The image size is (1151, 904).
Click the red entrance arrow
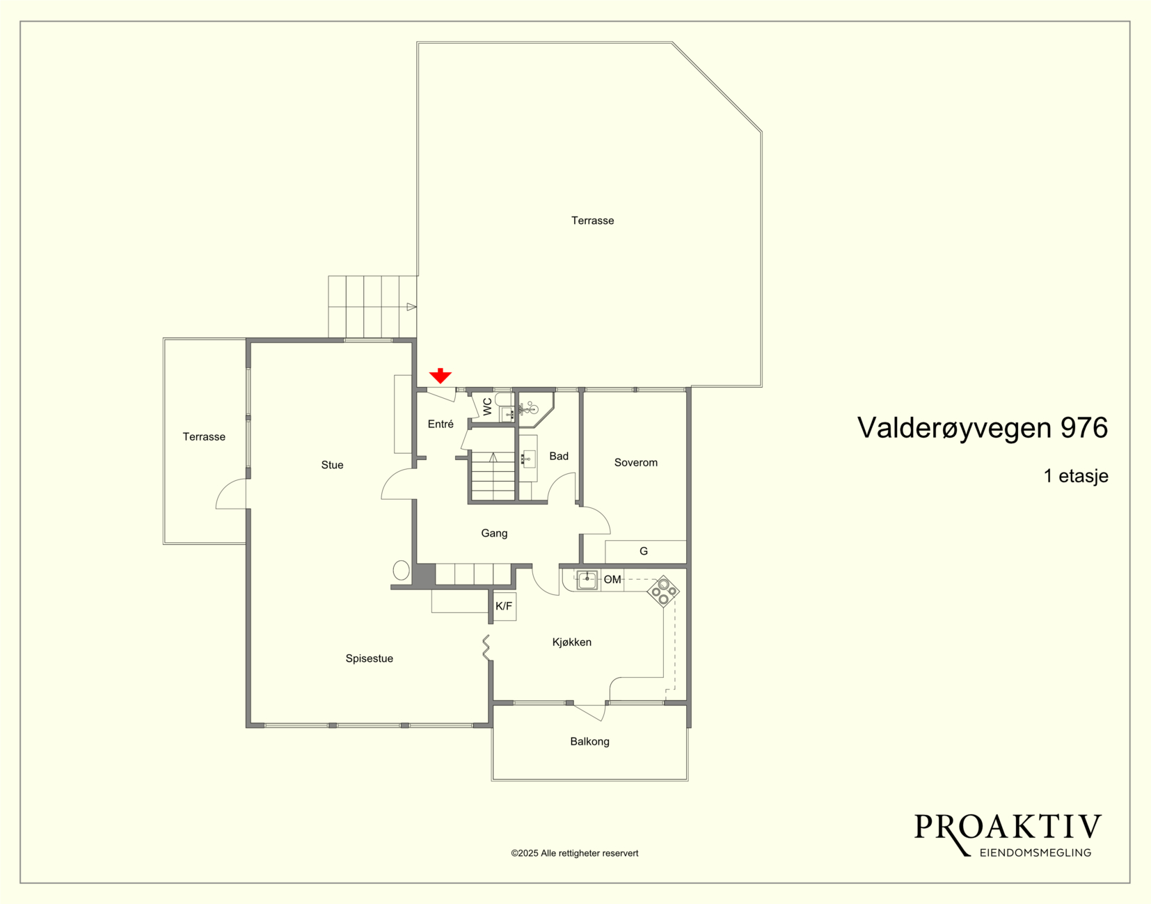click(x=440, y=376)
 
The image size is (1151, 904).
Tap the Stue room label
click(x=332, y=465)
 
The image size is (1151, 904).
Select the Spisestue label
click(x=370, y=658)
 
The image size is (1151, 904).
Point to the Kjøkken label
click(x=571, y=642)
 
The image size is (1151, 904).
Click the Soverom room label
click(x=635, y=462)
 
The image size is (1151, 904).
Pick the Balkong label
click(x=589, y=741)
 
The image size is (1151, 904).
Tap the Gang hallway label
click(x=494, y=533)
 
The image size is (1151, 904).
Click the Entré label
click(x=440, y=424)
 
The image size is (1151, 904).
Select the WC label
click(x=487, y=406)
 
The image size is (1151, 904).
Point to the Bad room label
click(x=559, y=456)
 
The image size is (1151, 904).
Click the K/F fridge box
click(x=504, y=606)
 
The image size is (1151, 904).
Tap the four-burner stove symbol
click(x=663, y=592)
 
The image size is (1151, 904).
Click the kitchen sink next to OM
click(x=587, y=580)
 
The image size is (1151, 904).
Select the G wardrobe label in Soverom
click(x=644, y=550)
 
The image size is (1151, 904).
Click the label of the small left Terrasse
click(x=204, y=437)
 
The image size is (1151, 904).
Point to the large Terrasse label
click(x=593, y=221)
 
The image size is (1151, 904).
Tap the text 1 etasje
click(x=1076, y=475)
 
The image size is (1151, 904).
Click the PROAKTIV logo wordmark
click(x=1008, y=827)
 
